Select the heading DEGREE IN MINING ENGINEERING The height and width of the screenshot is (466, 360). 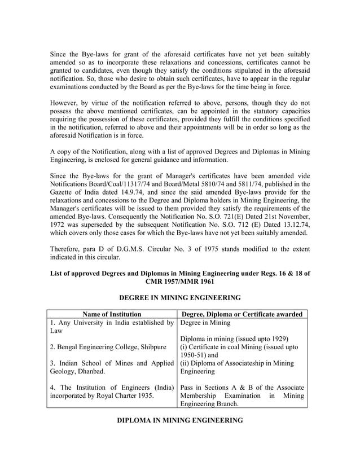coord(180,297)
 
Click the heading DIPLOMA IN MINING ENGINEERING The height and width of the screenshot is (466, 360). coord(180,420)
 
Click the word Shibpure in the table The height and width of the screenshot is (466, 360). coord(151,346)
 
